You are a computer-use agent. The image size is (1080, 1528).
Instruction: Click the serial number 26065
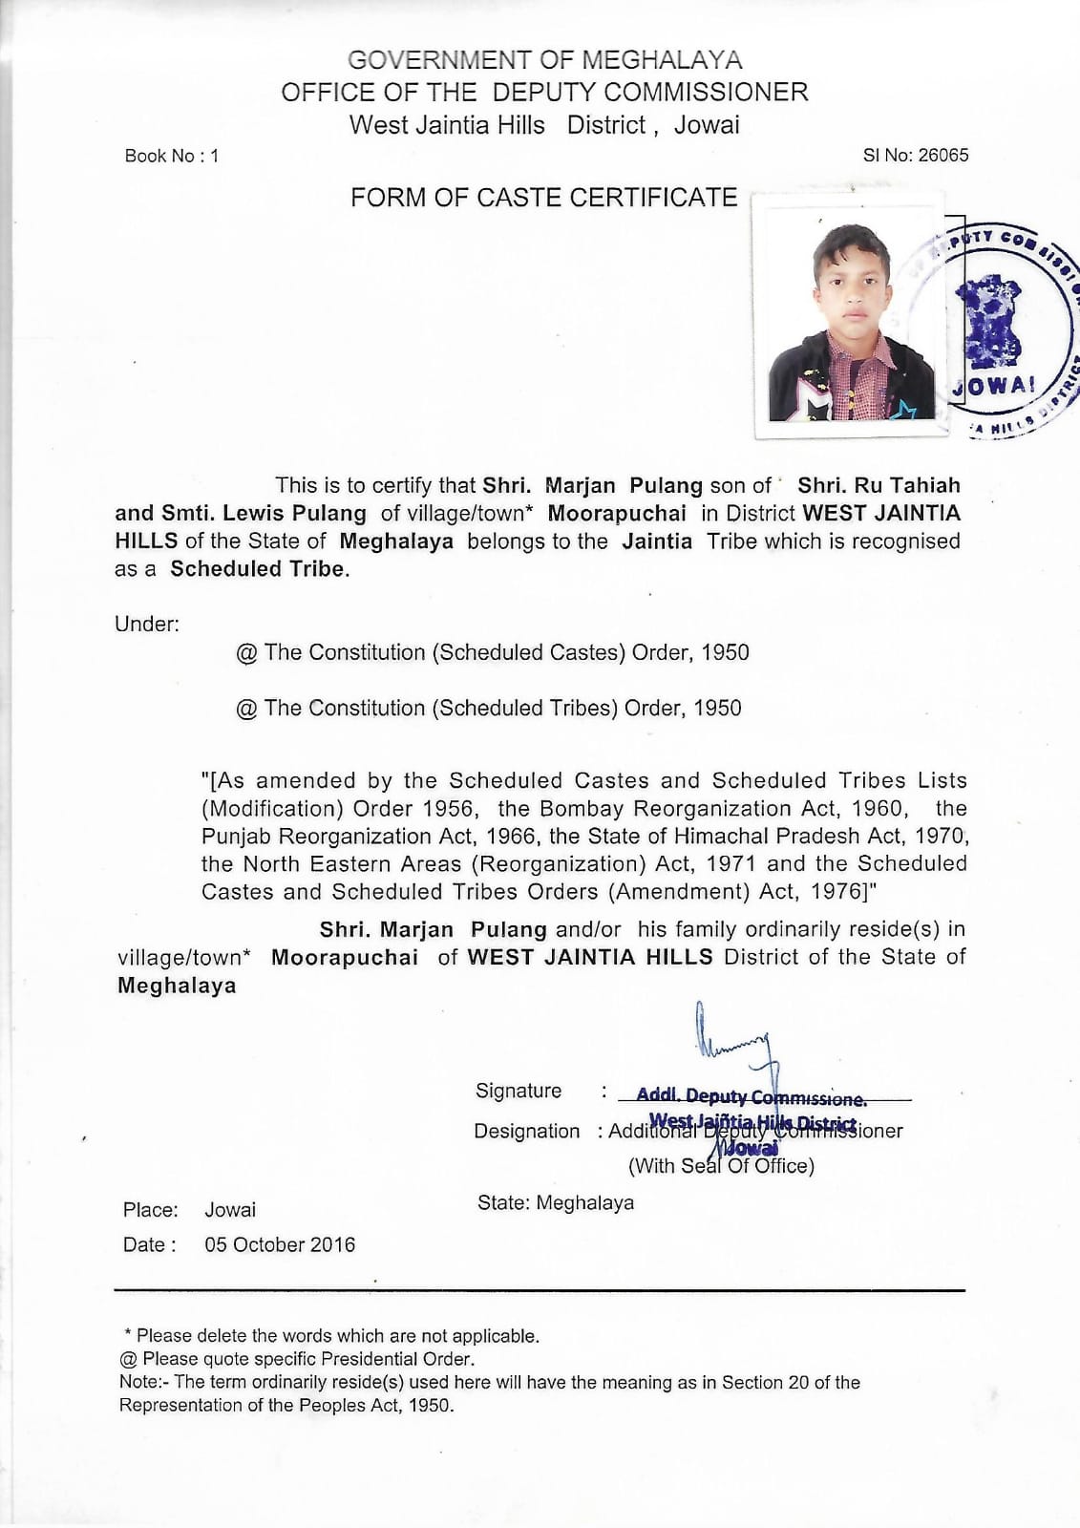pyautogui.click(x=942, y=155)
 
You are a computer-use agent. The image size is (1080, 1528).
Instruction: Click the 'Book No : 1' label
pyautogui.click(x=172, y=156)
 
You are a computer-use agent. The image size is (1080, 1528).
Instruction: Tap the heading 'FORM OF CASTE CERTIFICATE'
pyautogui.click(x=543, y=198)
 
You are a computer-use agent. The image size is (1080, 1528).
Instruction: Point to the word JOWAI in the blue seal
pyautogui.click(x=993, y=386)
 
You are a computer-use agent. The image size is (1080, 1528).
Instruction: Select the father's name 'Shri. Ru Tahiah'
pyautogui.click(x=879, y=485)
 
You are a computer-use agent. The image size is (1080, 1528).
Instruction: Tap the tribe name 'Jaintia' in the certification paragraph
pyautogui.click(x=657, y=541)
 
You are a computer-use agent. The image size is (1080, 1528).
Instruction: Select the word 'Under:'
pyautogui.click(x=147, y=625)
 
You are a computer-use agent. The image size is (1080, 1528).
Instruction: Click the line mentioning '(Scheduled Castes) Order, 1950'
pyautogui.click(x=493, y=652)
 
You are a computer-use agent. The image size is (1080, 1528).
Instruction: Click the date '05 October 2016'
pyautogui.click(x=280, y=1244)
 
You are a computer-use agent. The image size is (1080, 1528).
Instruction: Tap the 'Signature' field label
pyautogui.click(x=519, y=1091)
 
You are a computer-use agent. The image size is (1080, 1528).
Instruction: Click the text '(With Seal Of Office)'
pyautogui.click(x=721, y=1166)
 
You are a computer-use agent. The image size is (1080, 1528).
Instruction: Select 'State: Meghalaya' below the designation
pyautogui.click(x=556, y=1202)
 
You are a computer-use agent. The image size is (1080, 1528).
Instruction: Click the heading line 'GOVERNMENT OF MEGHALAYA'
pyautogui.click(x=544, y=60)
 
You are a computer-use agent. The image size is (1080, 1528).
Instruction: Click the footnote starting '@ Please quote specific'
pyautogui.click(x=298, y=1359)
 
